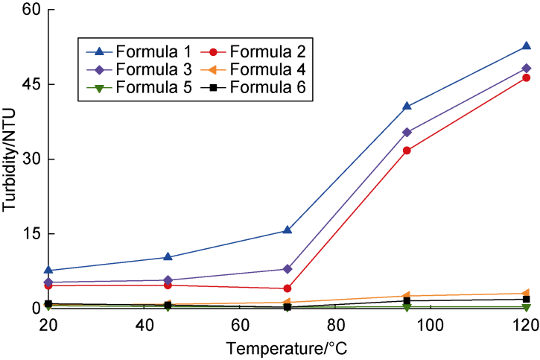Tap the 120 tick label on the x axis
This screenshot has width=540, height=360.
(526, 326)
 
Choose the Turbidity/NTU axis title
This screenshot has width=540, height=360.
(10, 159)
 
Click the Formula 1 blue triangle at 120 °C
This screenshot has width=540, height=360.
(526, 46)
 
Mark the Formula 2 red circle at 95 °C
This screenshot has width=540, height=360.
(407, 151)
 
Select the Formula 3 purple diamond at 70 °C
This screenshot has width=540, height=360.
(288, 268)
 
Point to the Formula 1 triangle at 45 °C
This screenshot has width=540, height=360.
(168, 256)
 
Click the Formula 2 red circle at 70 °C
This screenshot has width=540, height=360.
(288, 288)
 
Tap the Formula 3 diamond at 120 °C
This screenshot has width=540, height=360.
(526, 68)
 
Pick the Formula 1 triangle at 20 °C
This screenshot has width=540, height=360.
(48, 270)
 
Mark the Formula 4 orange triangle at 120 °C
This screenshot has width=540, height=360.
(526, 294)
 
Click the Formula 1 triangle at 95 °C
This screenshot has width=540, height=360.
(407, 106)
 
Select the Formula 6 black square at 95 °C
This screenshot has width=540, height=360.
(407, 300)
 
